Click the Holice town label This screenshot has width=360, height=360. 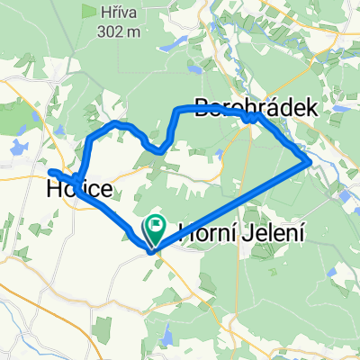80,190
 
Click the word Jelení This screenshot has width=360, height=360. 275,230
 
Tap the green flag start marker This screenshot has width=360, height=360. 157,226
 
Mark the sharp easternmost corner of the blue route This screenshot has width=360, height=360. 310,162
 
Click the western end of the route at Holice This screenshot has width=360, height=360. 50,171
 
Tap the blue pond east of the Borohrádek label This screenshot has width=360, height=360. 335,115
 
